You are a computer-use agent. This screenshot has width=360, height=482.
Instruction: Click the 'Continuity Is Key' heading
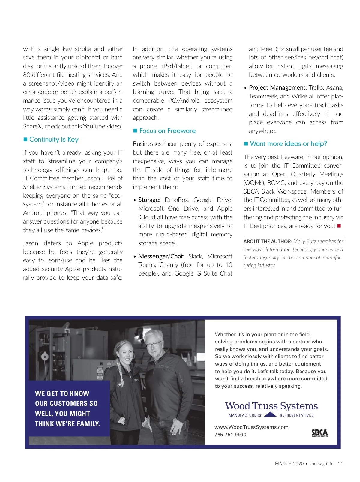54,140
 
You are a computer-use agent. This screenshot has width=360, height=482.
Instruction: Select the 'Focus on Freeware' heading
167,131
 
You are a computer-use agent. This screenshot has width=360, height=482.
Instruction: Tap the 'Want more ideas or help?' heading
288,144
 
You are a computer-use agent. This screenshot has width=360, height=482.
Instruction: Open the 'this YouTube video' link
97,127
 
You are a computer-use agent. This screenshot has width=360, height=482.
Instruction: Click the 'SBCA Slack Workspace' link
275,191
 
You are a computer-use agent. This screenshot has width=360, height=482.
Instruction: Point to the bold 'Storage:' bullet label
149,200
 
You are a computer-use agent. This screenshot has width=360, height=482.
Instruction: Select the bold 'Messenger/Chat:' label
161,256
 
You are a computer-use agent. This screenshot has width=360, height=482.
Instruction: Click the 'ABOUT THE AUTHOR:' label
268,241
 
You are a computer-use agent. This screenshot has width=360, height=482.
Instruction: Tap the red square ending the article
339,226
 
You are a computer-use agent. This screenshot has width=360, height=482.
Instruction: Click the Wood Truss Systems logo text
271,406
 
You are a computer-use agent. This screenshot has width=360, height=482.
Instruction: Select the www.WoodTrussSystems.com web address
251,427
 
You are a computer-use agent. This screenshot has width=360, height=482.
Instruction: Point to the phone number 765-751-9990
230,435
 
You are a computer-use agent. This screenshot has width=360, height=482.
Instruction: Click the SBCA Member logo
319,433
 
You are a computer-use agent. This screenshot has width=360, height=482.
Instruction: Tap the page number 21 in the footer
340,464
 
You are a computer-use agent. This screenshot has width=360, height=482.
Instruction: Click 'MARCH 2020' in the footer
289,464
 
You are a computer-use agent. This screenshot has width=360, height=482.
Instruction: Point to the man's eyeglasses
154,344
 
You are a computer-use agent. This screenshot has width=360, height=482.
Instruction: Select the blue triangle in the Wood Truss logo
271,414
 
